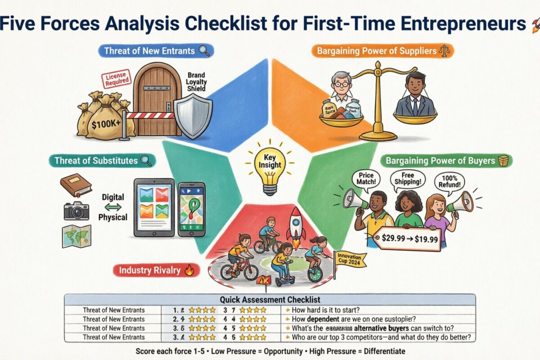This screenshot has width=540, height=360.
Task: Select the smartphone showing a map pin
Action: click(x=191, y=209)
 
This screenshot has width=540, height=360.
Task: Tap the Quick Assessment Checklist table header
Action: click(x=270, y=300)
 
